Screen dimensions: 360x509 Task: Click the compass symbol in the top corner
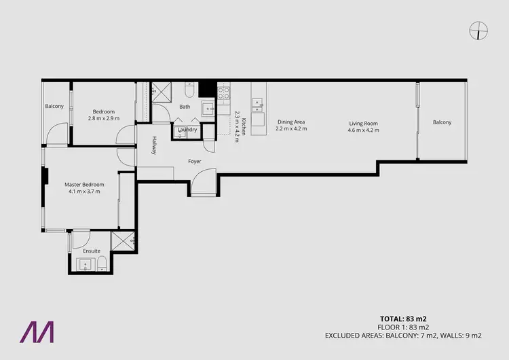(x=479, y=30)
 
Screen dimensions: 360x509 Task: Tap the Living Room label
(x=363, y=123)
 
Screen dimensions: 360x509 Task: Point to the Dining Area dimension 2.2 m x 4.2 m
(x=291, y=129)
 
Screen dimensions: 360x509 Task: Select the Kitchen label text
(x=242, y=118)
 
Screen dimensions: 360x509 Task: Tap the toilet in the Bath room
(x=190, y=89)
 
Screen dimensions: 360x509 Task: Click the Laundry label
(x=187, y=129)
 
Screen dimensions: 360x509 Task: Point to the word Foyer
(x=195, y=161)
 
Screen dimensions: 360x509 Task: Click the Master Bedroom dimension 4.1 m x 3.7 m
(x=84, y=192)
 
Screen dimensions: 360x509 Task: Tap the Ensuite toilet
(x=101, y=263)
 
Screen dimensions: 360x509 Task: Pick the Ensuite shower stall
(x=122, y=240)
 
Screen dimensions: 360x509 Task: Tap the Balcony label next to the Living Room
(x=442, y=122)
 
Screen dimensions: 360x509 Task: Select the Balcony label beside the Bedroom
(x=54, y=106)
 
